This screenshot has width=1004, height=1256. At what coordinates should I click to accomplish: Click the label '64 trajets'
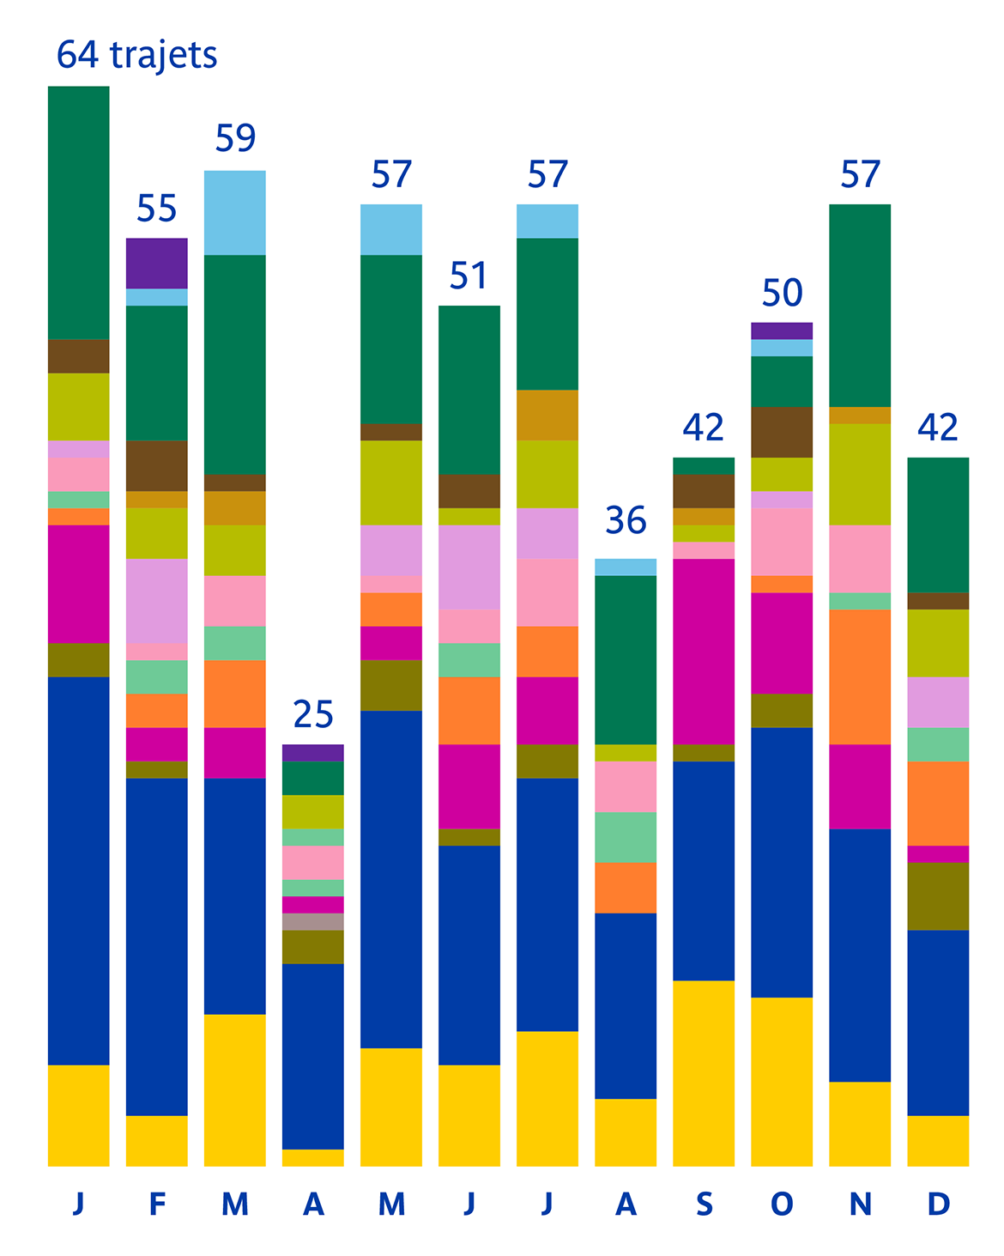click(x=136, y=55)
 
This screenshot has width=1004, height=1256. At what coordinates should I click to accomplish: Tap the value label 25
click(x=313, y=713)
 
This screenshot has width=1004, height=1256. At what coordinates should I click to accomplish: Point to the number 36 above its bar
click(x=626, y=520)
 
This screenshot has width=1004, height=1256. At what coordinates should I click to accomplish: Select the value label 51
click(x=469, y=276)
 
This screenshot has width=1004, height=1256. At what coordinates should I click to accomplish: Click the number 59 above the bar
click(x=235, y=138)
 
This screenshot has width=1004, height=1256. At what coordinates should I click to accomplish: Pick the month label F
click(x=157, y=1204)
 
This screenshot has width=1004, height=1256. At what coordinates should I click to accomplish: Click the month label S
click(x=704, y=1204)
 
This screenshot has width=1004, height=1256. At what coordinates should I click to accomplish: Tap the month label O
click(x=782, y=1204)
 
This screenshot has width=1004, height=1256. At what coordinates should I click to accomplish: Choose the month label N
click(x=860, y=1204)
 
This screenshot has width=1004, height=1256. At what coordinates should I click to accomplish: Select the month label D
click(x=938, y=1204)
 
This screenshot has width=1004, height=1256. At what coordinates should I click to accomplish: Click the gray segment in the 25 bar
click(x=313, y=922)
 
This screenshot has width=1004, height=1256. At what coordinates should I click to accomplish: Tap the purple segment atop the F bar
click(x=157, y=263)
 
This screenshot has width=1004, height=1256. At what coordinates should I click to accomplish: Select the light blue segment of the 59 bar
click(x=235, y=212)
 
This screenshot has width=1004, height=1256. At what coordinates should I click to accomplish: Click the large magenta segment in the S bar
click(x=704, y=651)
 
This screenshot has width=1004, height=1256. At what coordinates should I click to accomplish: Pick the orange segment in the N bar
click(x=860, y=677)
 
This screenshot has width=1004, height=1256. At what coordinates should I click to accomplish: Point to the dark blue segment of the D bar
click(x=938, y=1022)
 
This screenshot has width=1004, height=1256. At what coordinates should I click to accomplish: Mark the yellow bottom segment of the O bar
click(x=782, y=1082)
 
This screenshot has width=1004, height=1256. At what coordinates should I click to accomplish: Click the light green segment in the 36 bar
click(x=626, y=837)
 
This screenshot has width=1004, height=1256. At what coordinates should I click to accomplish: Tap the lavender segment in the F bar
click(x=157, y=601)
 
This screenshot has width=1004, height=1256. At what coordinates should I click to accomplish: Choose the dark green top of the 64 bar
click(x=79, y=212)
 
